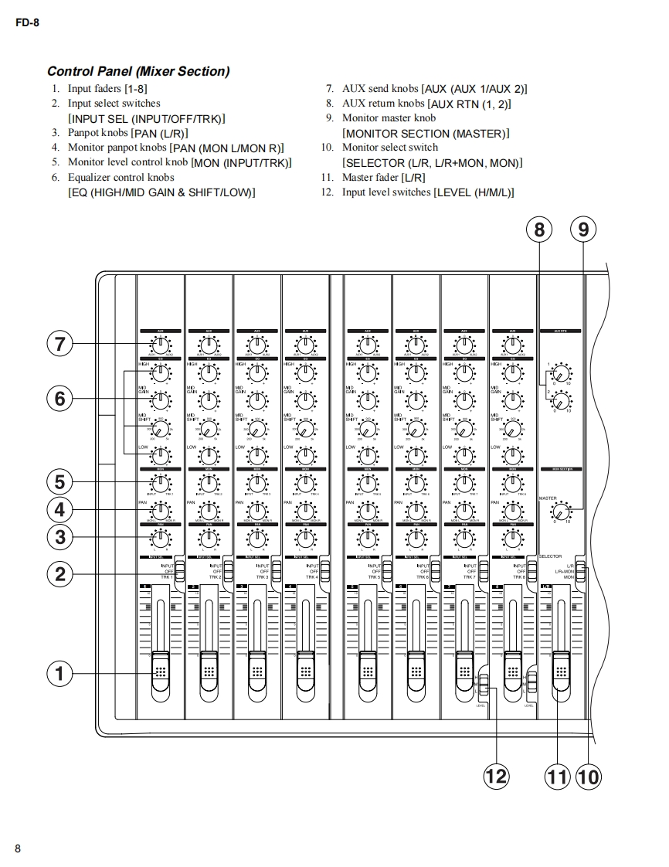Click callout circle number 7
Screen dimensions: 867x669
coord(59,344)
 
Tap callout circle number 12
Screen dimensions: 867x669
coord(496,775)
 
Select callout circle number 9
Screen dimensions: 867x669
coord(583,229)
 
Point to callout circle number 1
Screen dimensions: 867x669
coord(59,674)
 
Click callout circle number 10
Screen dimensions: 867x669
coord(588,775)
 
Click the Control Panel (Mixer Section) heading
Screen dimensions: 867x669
coord(138,72)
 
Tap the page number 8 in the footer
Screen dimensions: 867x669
coord(18,848)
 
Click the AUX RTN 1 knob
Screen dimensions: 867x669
coord(561,374)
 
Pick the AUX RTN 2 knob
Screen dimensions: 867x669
coord(561,399)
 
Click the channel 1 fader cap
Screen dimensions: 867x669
coord(161,669)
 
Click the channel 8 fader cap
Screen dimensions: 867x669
coord(512,669)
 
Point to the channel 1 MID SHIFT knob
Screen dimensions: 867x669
coord(161,427)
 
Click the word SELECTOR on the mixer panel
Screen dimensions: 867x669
coord(550,556)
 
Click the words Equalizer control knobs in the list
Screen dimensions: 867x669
coord(121,177)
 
